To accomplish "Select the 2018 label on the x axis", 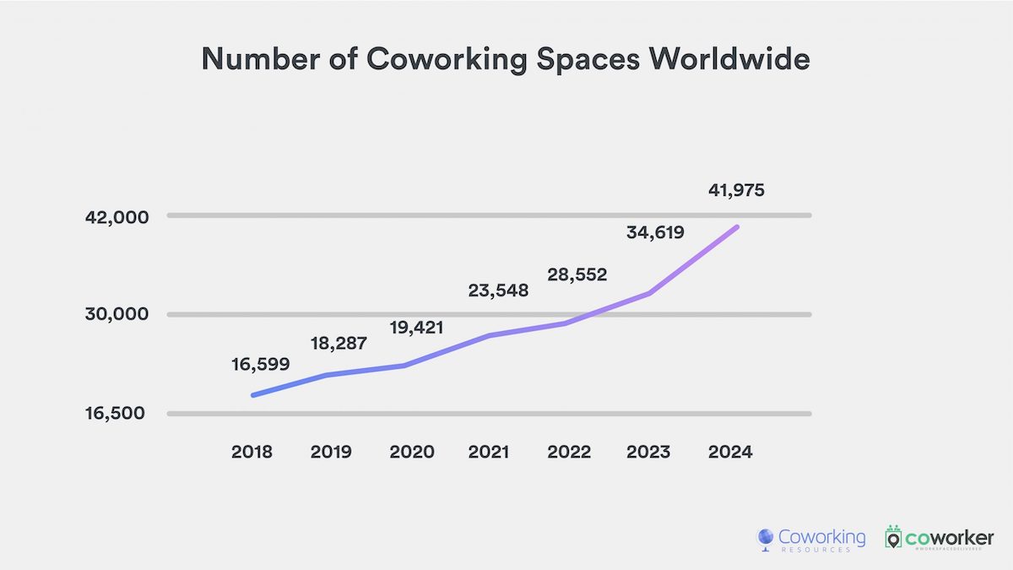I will (252, 452).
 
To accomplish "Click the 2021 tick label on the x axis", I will (489, 452).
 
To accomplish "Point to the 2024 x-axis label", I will (729, 452).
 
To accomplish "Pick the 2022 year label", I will (569, 452).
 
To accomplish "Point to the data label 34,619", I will (655, 232).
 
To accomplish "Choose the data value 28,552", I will (578, 275).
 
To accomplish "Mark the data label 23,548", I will (498, 291).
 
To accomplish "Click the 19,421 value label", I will (417, 327).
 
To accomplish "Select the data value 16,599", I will (260, 365).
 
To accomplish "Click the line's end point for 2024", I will (737, 227).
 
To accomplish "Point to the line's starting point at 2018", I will (253, 394).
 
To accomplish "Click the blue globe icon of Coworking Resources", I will (766, 539).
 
